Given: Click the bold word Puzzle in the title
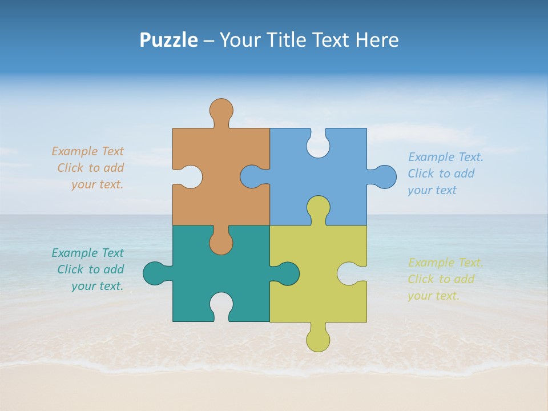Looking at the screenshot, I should click(x=168, y=40).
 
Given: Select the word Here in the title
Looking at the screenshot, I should click(x=377, y=40).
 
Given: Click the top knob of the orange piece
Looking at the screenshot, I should click(x=221, y=110).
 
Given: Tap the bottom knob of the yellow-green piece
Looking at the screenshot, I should click(x=318, y=340).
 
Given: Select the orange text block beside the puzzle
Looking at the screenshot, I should click(x=89, y=168).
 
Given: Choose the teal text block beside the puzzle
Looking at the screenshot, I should click(x=89, y=269).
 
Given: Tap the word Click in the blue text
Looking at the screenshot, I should click(x=421, y=174).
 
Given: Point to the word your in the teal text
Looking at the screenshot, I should click(x=84, y=286).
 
